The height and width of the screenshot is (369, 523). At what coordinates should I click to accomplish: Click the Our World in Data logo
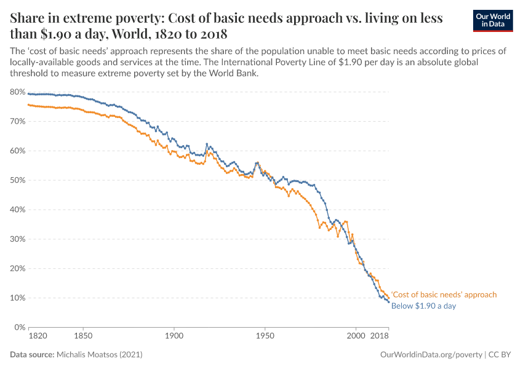click(492, 20)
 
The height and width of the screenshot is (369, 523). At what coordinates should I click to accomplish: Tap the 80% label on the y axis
click(17, 92)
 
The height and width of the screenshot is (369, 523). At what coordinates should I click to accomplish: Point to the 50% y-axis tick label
click(17, 180)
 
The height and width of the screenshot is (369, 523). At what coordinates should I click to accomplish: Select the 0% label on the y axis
click(19, 327)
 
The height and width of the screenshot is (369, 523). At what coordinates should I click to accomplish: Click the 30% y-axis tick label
click(17, 239)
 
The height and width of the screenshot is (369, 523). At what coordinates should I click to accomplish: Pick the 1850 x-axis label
click(83, 337)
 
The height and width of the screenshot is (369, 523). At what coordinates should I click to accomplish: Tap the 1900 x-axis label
click(174, 337)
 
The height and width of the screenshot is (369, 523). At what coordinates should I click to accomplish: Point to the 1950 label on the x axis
click(265, 337)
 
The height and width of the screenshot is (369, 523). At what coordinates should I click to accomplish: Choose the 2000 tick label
click(356, 337)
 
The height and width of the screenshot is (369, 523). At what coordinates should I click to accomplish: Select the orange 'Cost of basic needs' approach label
click(444, 295)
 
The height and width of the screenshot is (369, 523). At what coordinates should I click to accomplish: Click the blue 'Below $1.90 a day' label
click(423, 306)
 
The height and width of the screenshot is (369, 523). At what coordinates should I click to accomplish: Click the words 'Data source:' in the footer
click(32, 355)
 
